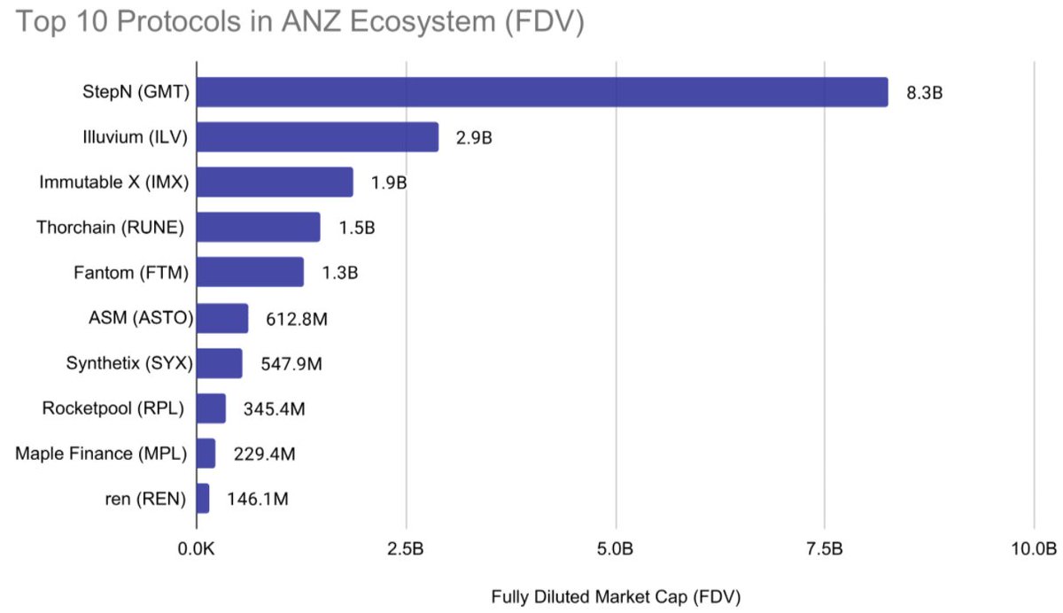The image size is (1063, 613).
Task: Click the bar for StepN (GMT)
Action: [541, 92]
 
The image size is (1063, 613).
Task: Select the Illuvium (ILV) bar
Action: [317, 137]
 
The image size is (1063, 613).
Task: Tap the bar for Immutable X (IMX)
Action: [275, 182]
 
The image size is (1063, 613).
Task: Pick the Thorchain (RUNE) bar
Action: [258, 228]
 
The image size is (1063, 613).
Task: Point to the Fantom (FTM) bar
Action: [250, 272]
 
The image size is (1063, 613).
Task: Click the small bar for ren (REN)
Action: [203, 499]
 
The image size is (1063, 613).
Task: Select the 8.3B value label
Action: [924, 92]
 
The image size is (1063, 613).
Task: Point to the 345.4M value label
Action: [274, 408]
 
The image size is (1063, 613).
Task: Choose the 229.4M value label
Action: [264, 454]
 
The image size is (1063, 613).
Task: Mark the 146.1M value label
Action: [257, 499]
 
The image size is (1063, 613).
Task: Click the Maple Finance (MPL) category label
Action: [101, 454]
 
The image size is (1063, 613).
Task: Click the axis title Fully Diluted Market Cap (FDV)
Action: [616, 595]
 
